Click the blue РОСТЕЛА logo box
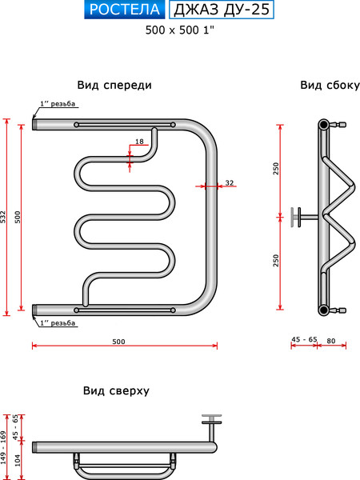(x=124, y=10)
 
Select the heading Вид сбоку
(x=330, y=85)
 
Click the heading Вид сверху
(x=116, y=390)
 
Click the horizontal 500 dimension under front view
(x=118, y=342)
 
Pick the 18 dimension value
(x=139, y=142)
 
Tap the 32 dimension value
(x=229, y=183)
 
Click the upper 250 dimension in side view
(x=276, y=169)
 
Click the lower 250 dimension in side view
(x=276, y=261)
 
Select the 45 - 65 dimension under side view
(x=304, y=339)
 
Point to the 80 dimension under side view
(x=331, y=339)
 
